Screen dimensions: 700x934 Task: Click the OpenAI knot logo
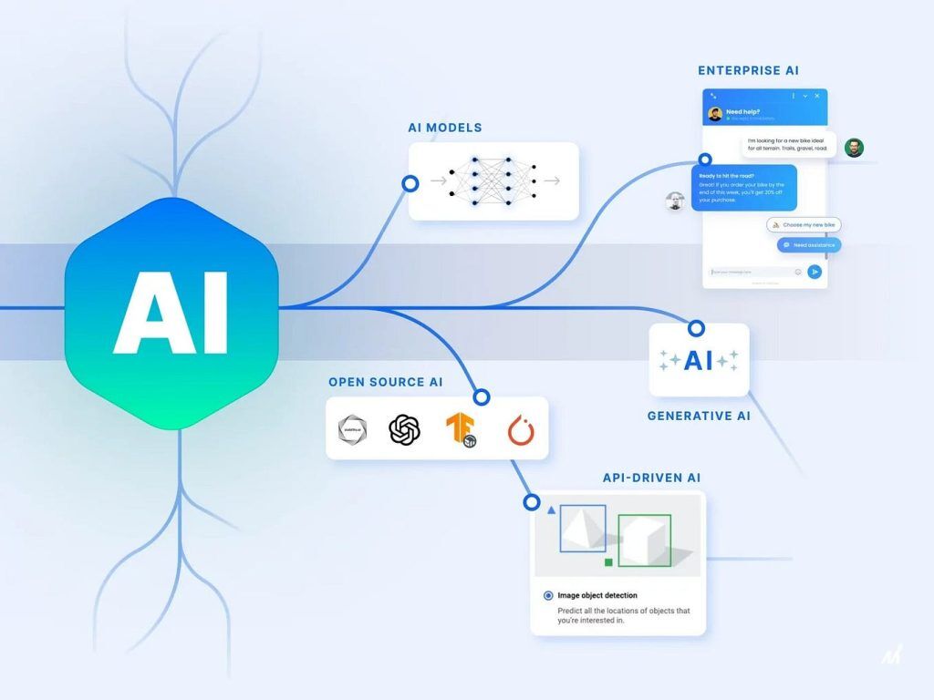[405, 428]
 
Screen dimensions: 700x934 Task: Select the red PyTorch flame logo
[521, 429]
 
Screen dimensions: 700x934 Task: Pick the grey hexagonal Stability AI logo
[351, 429]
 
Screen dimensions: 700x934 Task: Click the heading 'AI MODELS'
[445, 128]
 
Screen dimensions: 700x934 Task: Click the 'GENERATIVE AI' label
[699, 416]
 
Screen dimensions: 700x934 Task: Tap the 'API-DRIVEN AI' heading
[651, 478]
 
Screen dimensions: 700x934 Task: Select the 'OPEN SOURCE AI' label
[386, 382]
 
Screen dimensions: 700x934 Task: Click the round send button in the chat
[815, 272]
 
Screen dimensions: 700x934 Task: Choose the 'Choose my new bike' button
[803, 224]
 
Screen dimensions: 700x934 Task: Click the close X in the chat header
[817, 96]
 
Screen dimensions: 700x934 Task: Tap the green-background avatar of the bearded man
[854, 148]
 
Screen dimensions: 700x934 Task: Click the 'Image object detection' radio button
[548, 595]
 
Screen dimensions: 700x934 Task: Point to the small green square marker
[608, 562]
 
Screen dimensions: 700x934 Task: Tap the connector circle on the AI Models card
[410, 183]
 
